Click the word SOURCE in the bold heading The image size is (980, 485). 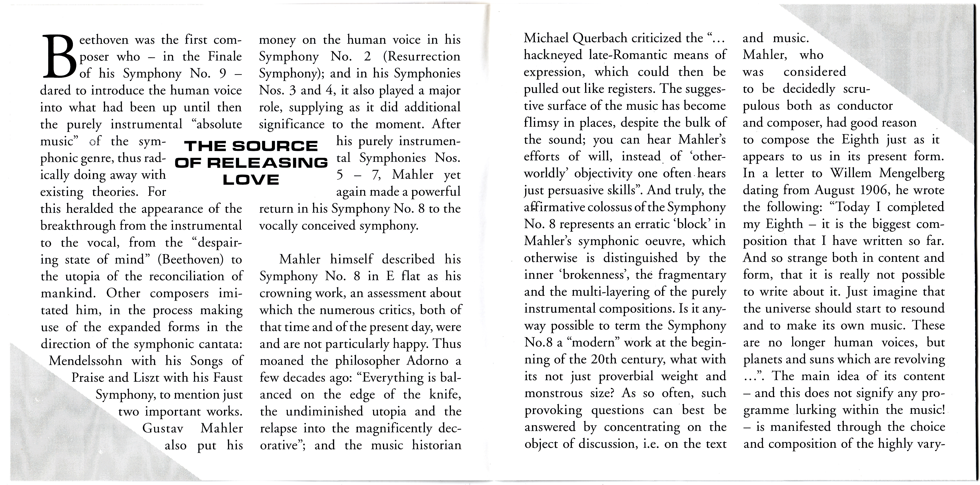pos(275,146)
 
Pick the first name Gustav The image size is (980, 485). pos(163,428)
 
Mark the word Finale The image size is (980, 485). pos(225,57)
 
